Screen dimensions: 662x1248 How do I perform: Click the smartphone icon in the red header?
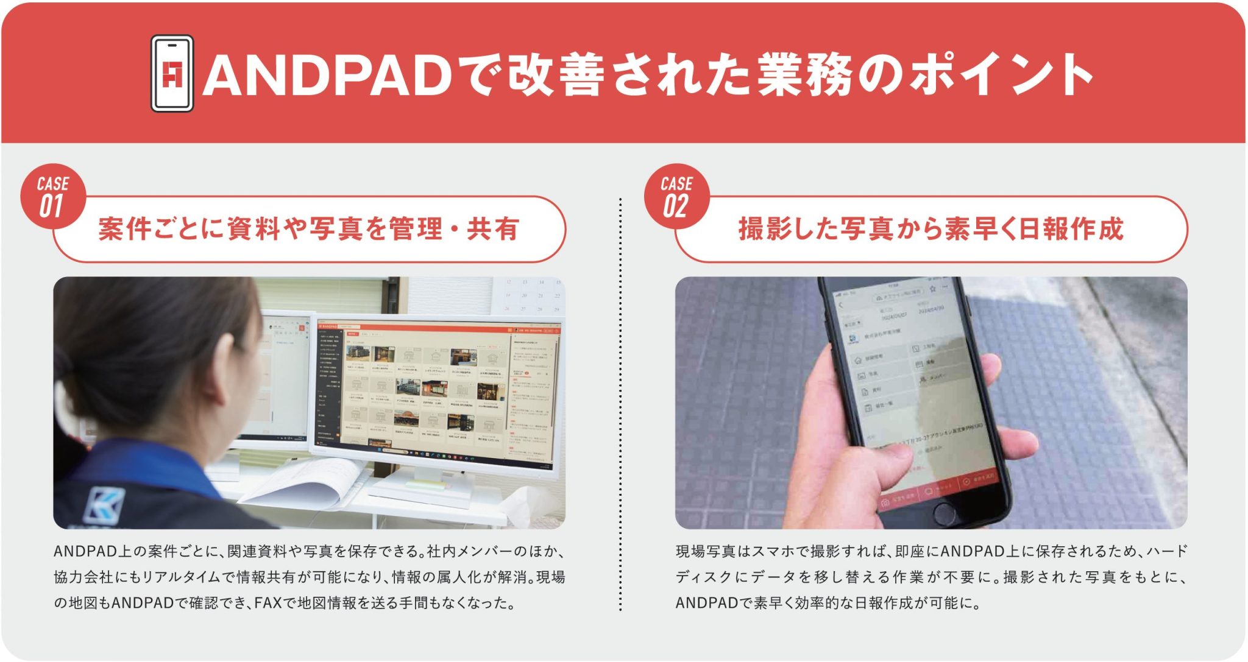click(x=172, y=74)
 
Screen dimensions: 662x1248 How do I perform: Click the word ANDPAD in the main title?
click(x=327, y=76)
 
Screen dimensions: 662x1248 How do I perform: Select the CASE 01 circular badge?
click(x=52, y=197)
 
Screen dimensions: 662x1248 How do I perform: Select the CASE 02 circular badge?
click(x=676, y=197)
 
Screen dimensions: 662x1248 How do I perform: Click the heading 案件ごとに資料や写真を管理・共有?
click(x=308, y=229)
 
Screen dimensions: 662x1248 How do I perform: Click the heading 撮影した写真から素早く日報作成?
click(x=931, y=229)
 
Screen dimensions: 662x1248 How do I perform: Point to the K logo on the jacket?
click(x=104, y=505)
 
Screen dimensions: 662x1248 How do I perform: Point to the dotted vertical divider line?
click(x=620, y=402)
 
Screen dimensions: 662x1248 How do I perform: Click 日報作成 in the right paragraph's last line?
click(x=884, y=603)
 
